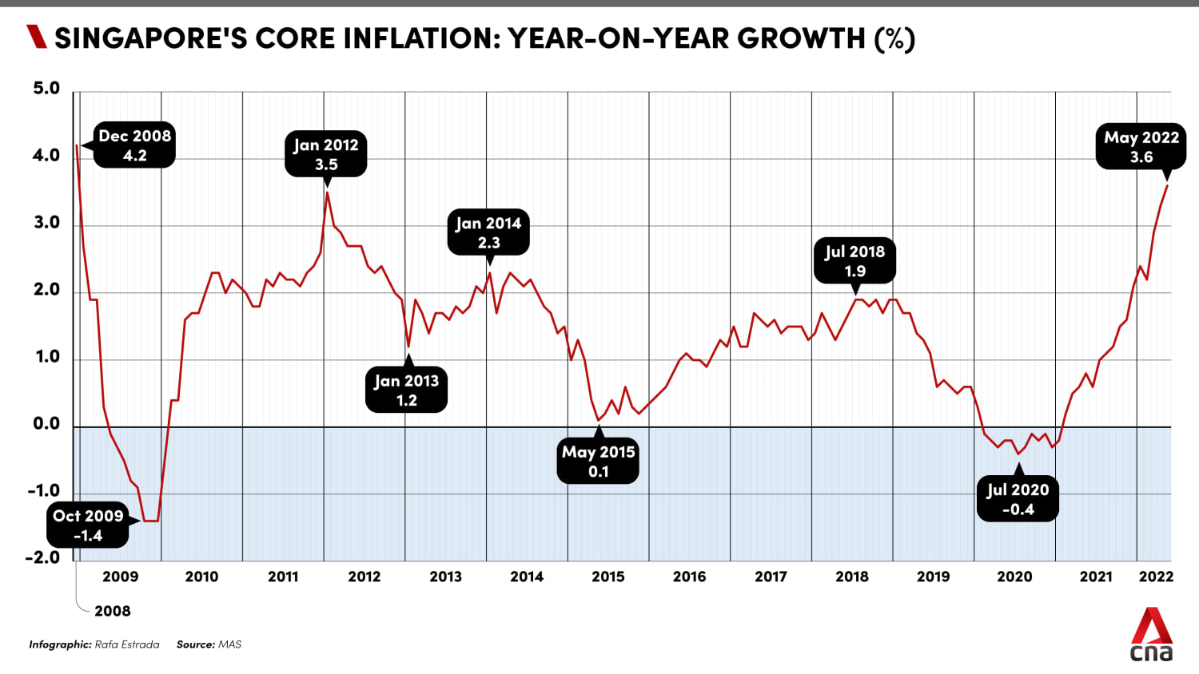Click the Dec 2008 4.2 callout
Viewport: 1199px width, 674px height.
coord(134,145)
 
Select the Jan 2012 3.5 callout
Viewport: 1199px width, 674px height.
coord(326,154)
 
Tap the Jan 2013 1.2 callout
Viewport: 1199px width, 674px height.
coord(406,391)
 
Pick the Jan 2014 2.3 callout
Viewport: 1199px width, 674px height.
coord(488,232)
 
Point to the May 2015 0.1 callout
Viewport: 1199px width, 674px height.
coord(599,461)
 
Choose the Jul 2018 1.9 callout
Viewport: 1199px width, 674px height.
coord(854,260)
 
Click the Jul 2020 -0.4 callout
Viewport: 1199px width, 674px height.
coord(1018,499)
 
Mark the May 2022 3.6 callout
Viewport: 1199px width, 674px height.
coord(1141,147)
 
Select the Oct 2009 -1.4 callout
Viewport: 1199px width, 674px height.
coord(88,525)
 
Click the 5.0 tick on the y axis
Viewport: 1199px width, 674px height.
coord(46,89)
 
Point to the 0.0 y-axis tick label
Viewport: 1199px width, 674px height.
coord(46,424)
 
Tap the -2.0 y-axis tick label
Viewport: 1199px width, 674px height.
coord(43,557)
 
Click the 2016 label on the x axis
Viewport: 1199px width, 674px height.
coord(689,577)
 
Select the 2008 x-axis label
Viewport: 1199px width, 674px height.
coord(113,611)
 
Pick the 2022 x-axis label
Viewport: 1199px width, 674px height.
coord(1156,577)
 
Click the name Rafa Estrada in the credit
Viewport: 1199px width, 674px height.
coord(127,644)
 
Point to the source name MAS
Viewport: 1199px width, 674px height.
coord(230,644)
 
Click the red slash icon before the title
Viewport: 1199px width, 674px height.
coord(37,37)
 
